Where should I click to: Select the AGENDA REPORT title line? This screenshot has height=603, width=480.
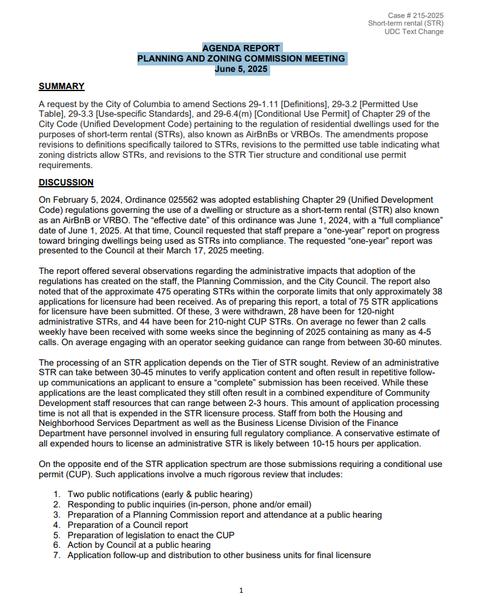[x=241, y=48]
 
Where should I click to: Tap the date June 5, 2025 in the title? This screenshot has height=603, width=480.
[x=241, y=69]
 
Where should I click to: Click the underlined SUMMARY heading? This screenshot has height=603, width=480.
[x=61, y=87]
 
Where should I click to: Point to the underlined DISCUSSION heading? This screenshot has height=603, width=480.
[x=66, y=183]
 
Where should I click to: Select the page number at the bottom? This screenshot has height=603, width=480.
[x=241, y=590]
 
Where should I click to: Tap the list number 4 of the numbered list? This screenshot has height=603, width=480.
[x=56, y=525]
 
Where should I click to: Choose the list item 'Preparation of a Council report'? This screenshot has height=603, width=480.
[x=128, y=525]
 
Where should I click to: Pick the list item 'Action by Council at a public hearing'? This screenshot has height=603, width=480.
[x=139, y=545]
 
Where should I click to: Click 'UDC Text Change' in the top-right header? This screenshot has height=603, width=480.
[x=414, y=31]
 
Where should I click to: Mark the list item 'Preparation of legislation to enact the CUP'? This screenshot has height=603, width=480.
[x=151, y=535]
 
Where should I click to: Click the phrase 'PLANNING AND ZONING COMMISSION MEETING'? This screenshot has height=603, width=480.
[x=241, y=58]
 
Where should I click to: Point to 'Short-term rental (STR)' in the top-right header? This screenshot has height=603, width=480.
[x=406, y=23]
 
